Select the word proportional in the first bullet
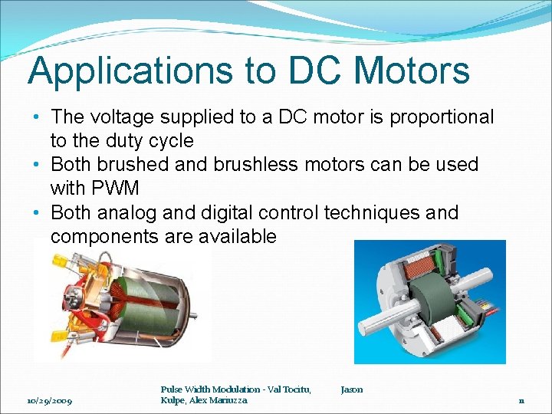442,117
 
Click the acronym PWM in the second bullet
113,189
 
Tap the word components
103,236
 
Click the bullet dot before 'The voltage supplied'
36,117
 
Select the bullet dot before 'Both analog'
36,212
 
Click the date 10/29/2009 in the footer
49,400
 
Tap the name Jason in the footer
352,389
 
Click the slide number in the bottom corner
521,400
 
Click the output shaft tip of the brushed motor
192,314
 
